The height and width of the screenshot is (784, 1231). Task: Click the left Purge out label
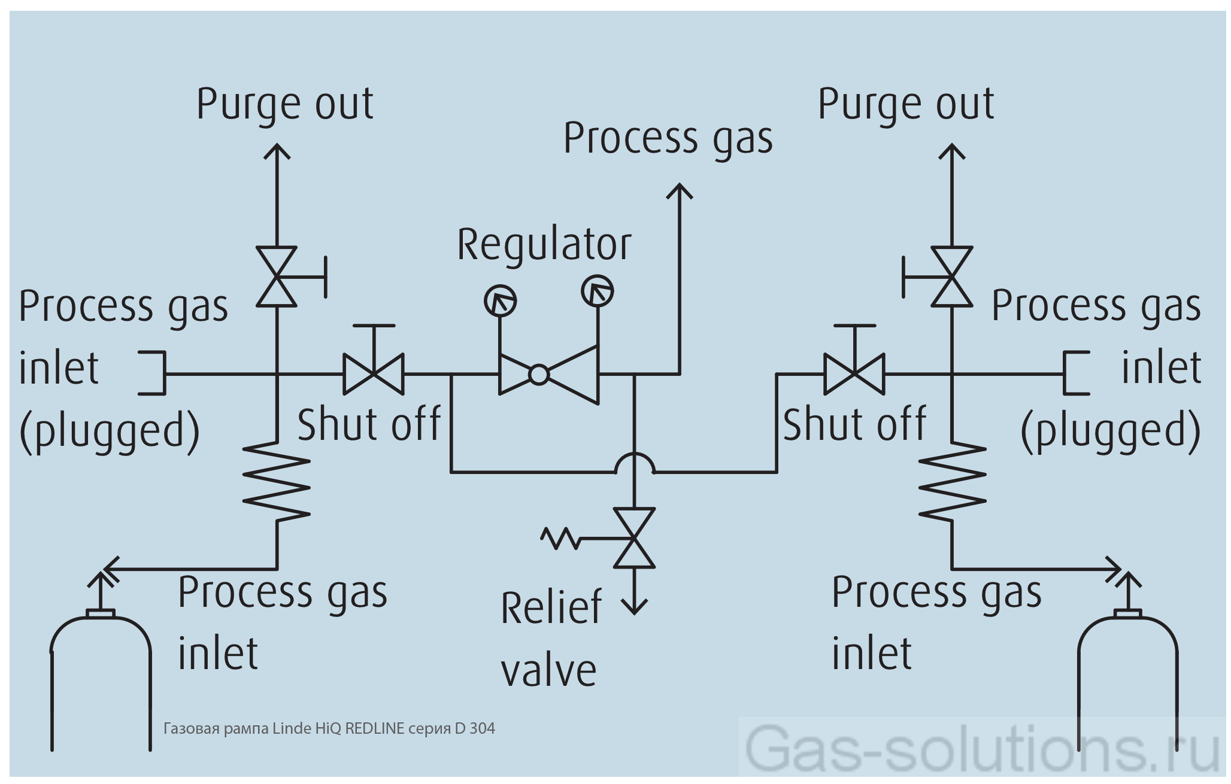285,105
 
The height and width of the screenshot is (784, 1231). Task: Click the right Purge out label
906,105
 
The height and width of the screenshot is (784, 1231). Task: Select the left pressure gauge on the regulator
500,300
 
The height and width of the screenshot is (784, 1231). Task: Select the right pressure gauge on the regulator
597,291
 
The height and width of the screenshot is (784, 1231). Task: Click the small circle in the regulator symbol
538,375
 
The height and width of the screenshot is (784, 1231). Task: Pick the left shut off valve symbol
373,374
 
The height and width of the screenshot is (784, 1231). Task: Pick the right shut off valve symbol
854,374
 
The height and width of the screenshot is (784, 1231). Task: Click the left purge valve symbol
277,276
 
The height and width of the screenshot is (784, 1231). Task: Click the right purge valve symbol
951,276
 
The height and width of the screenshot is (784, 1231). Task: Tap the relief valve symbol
634,538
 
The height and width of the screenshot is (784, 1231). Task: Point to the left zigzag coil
277,481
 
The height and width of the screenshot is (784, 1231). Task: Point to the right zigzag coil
952,481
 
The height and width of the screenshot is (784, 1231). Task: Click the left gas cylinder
101,682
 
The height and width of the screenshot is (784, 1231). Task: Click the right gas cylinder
1127,682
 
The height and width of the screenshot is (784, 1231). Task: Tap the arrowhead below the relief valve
634,607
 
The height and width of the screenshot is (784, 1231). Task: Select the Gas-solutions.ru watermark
982,748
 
